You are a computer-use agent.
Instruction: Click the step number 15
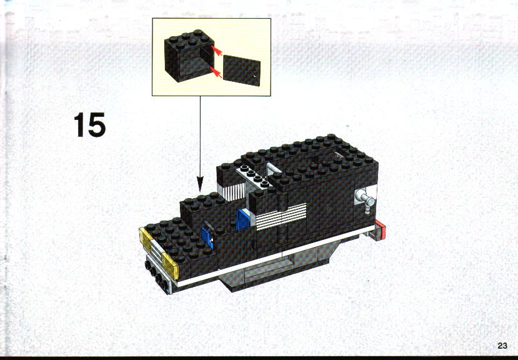[89, 124]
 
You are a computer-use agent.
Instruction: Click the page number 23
[502, 346]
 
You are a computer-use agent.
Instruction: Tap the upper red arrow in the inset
[216, 51]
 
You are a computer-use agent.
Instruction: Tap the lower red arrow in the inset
[216, 72]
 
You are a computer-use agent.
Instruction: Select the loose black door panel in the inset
[242, 71]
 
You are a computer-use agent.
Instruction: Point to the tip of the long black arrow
[200, 192]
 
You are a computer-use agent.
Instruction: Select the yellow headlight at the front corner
[170, 266]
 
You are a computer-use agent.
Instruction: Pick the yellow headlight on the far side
[146, 239]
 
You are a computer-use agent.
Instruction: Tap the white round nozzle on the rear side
[366, 199]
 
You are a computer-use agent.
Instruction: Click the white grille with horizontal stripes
[281, 216]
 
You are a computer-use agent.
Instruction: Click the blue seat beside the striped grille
[244, 219]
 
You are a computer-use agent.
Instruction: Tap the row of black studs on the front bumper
[156, 275]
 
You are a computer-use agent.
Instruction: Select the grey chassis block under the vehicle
[277, 267]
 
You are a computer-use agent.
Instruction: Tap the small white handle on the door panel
[254, 75]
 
